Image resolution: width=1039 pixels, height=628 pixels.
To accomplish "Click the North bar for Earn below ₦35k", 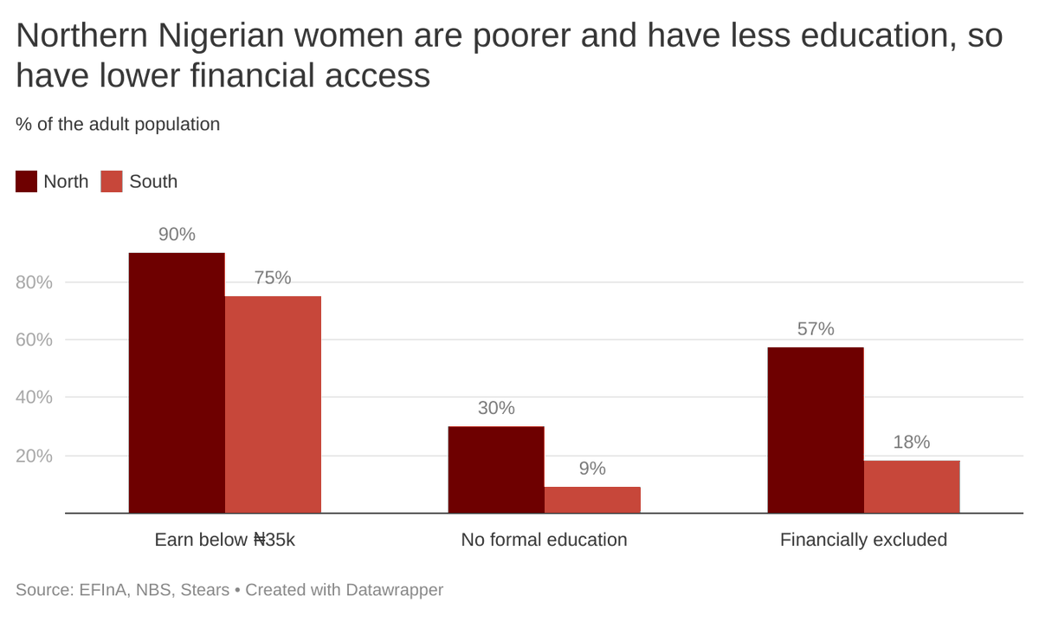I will click(x=177, y=383).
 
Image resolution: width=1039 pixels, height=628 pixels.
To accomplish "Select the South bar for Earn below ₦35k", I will click(x=273, y=405).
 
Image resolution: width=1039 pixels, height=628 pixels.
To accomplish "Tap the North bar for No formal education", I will click(x=496, y=469).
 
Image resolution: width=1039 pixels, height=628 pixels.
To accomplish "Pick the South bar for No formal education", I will click(x=592, y=500).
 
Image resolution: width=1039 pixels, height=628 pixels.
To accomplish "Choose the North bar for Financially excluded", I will click(x=816, y=431).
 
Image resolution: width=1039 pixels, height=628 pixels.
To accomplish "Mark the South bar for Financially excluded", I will click(x=912, y=487).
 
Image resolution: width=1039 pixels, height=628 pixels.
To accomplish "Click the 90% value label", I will click(x=177, y=235).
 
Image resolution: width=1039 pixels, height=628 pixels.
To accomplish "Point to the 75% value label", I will click(x=273, y=278).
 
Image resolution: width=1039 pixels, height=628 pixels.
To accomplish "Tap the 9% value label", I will click(x=592, y=469).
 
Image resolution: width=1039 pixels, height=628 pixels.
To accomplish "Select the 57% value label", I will click(x=816, y=329).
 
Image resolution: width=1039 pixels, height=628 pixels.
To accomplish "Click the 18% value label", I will click(x=912, y=442).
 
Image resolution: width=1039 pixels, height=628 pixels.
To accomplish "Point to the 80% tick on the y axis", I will click(x=34, y=282).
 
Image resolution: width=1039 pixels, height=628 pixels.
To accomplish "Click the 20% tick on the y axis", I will click(x=34, y=456).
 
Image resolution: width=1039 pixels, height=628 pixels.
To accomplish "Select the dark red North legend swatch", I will click(x=27, y=182).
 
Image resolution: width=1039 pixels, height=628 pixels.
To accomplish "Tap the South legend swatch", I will click(x=113, y=182).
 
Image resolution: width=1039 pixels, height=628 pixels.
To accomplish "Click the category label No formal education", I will click(x=544, y=540).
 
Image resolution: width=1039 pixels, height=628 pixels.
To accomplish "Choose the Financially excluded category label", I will click(x=863, y=540).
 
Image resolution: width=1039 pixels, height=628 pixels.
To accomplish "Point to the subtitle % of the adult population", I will click(x=118, y=124).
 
